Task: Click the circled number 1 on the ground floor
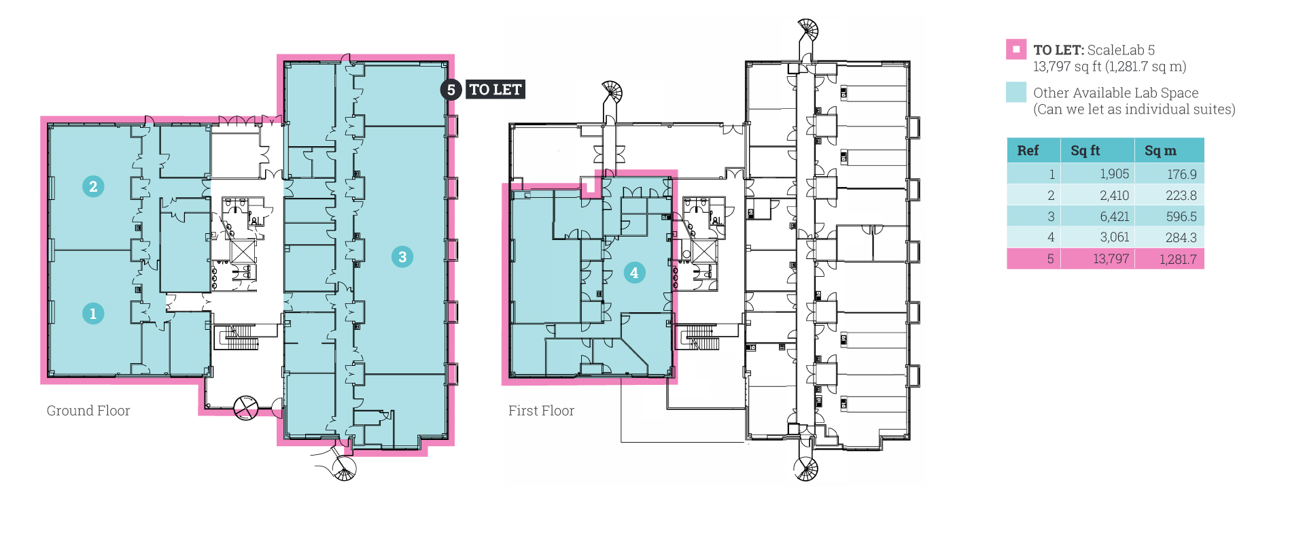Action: pos(93,313)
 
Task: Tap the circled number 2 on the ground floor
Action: pos(93,186)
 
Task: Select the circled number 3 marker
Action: pos(402,256)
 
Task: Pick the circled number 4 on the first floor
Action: pos(634,273)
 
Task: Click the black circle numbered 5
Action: pos(451,90)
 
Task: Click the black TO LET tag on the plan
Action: pos(495,90)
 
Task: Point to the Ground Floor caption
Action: pos(88,411)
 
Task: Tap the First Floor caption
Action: pos(541,411)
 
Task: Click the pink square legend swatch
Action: pos(1016,49)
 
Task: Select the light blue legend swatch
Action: pos(1016,92)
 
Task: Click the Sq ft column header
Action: pos(1085,150)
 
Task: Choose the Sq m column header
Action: pos(1160,150)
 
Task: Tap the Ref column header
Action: pos(1028,150)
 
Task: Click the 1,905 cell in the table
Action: pos(1115,174)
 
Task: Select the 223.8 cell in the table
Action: pos(1181,195)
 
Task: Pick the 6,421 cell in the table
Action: pos(1115,216)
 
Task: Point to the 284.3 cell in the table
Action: pos(1181,237)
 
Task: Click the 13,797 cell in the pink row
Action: pos(1111,258)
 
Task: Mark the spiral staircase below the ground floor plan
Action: pos(344,468)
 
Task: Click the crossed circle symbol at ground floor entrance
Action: pos(246,408)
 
